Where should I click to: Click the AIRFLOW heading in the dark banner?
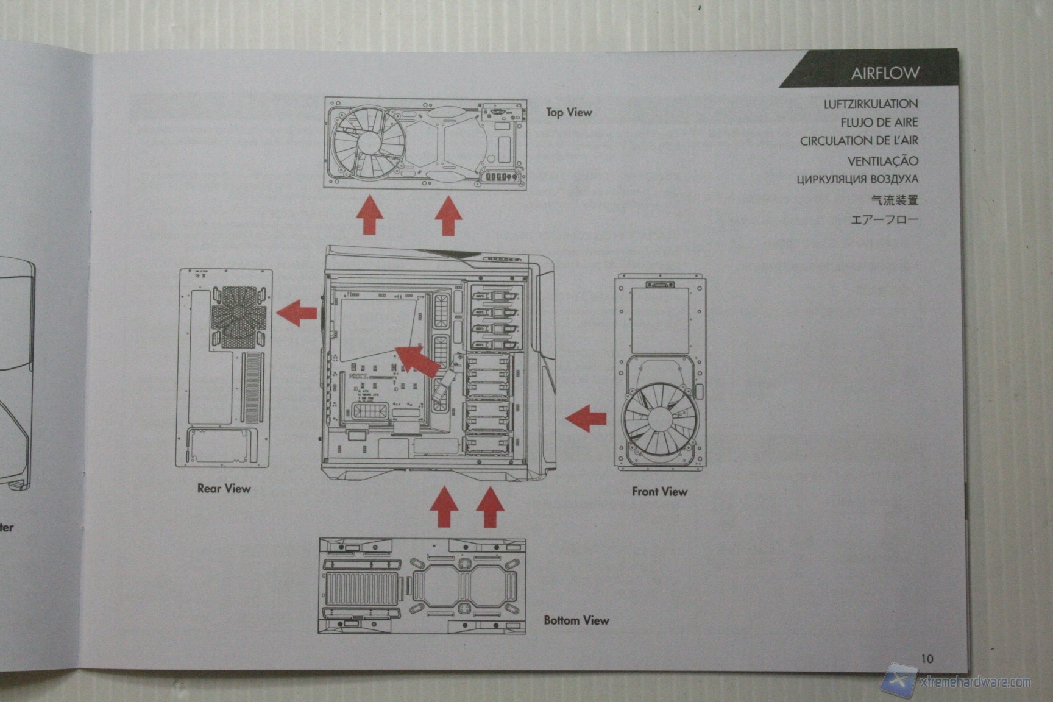point(885,73)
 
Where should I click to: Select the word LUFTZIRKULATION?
point(870,104)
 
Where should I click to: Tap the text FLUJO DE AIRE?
point(879,122)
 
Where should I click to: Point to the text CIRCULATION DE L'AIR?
point(859,141)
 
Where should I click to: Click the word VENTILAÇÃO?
point(882,161)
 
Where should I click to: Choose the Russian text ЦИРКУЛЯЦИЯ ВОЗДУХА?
point(857,179)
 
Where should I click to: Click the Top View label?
point(569,112)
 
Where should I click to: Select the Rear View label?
point(224,488)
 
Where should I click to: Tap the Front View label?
point(659,491)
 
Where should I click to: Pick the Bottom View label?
point(576,620)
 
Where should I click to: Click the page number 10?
point(927,658)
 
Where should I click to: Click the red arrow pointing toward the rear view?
point(297,313)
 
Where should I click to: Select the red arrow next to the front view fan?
point(586,419)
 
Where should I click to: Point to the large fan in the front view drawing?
point(659,420)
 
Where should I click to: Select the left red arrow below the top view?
point(369,215)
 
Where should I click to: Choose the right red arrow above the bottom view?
point(489,506)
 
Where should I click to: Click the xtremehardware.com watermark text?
point(975,682)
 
